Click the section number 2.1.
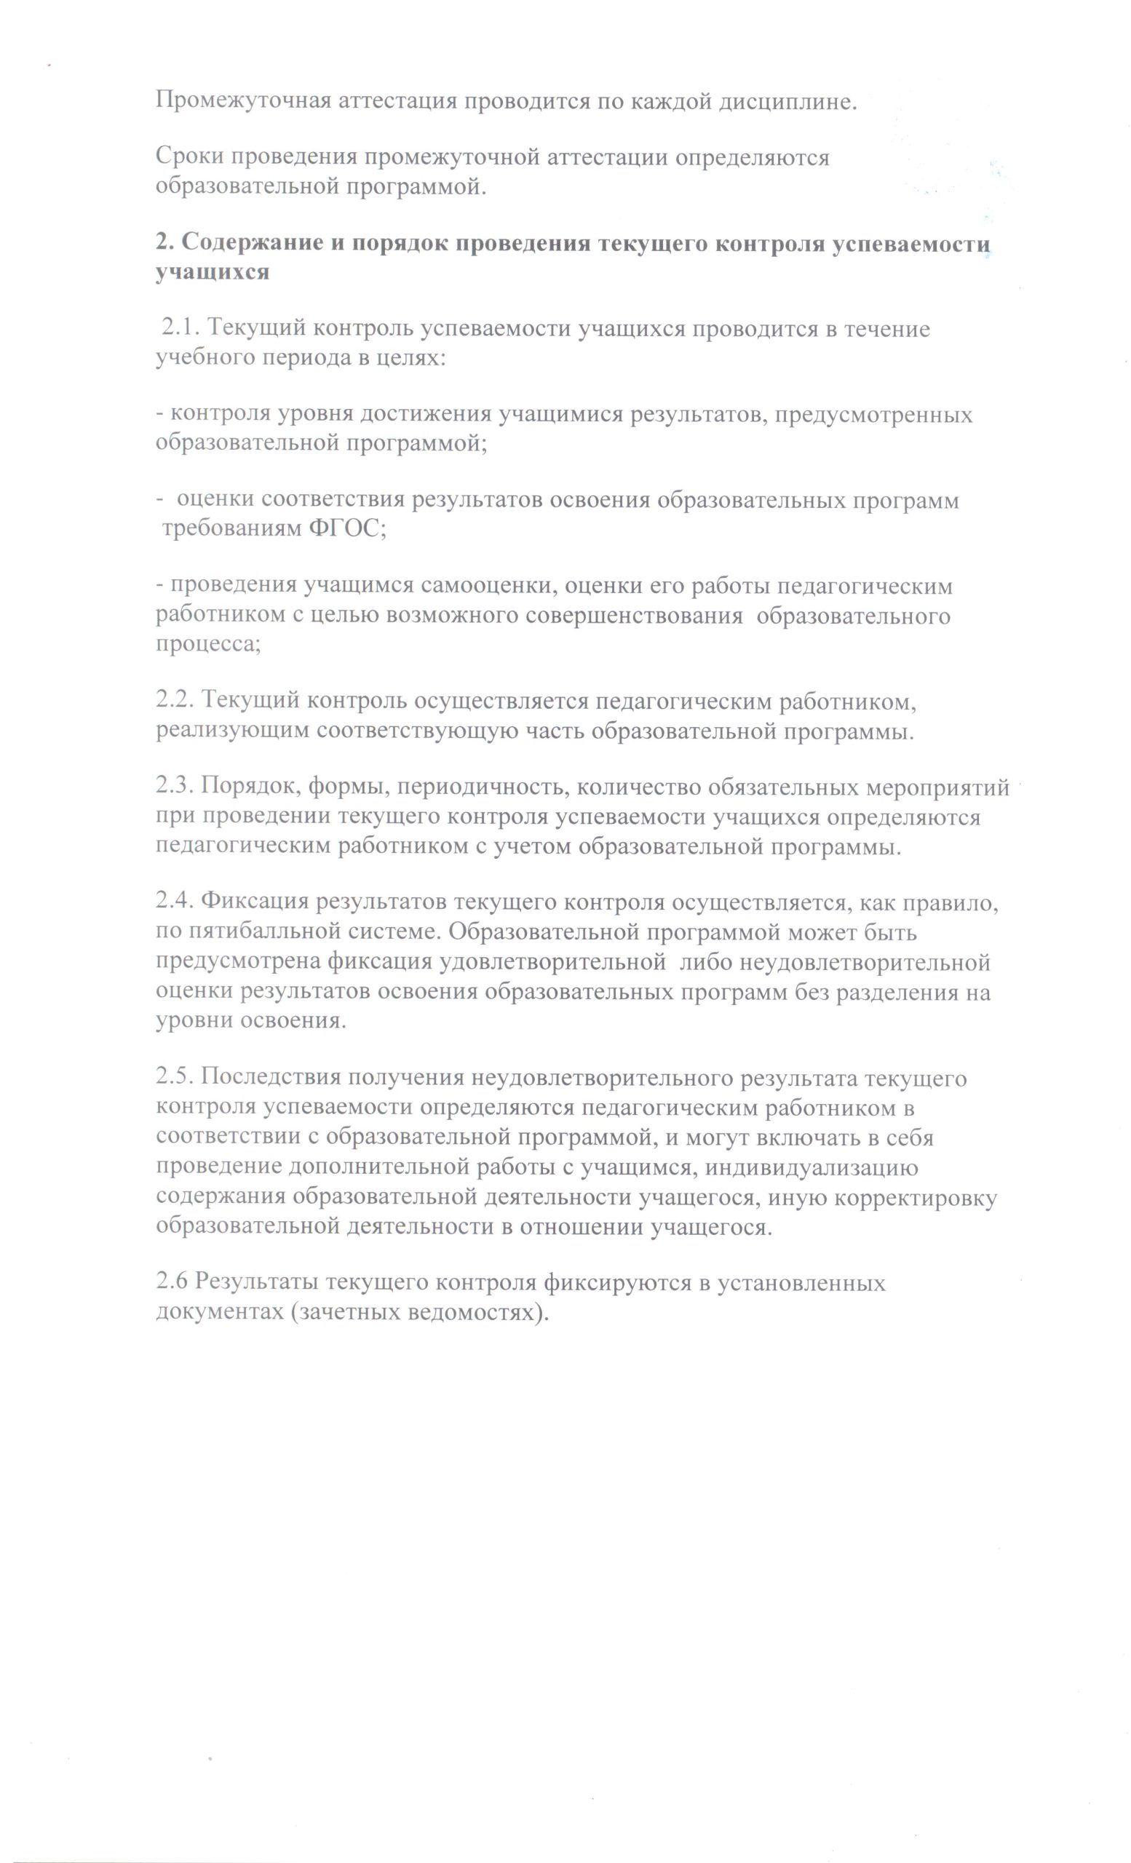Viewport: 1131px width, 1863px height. tap(179, 329)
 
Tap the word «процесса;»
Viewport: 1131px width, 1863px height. tap(209, 644)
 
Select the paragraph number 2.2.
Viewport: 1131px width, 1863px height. tap(175, 702)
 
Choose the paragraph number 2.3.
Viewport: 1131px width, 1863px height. tap(175, 788)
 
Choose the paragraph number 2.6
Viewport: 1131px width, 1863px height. tap(172, 1283)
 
